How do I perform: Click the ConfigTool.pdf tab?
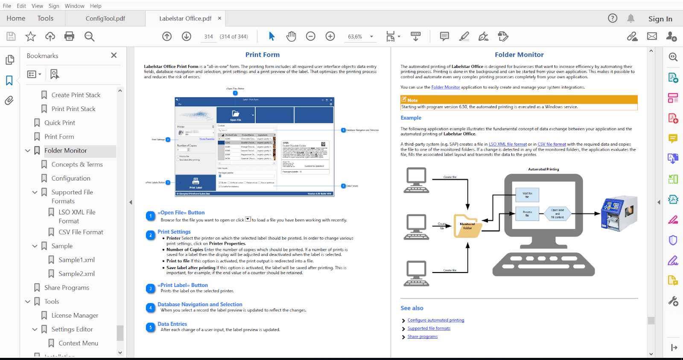pyautogui.click(x=105, y=18)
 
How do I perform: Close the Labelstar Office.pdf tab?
pyautogui.click(x=219, y=18)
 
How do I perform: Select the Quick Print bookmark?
pyautogui.click(x=60, y=123)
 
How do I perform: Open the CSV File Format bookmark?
pyautogui.click(x=81, y=232)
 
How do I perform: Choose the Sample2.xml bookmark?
pyautogui.click(x=76, y=274)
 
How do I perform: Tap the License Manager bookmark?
pyautogui.click(x=75, y=315)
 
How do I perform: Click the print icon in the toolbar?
pyautogui.click(x=69, y=36)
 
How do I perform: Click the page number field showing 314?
pyautogui.click(x=208, y=37)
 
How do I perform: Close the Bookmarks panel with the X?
pyautogui.click(x=114, y=55)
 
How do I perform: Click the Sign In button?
pyautogui.click(x=660, y=19)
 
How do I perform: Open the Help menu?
pyautogui.click(x=96, y=6)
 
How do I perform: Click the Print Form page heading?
pyautogui.click(x=262, y=55)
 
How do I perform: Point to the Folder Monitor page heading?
pyautogui.click(x=519, y=55)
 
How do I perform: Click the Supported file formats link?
pyautogui.click(x=429, y=328)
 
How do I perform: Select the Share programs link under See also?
pyautogui.click(x=423, y=337)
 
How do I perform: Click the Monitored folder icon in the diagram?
pyautogui.click(x=467, y=225)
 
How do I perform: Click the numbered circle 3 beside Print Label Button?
pyautogui.click(x=150, y=289)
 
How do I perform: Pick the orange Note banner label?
pyautogui.click(x=412, y=100)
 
